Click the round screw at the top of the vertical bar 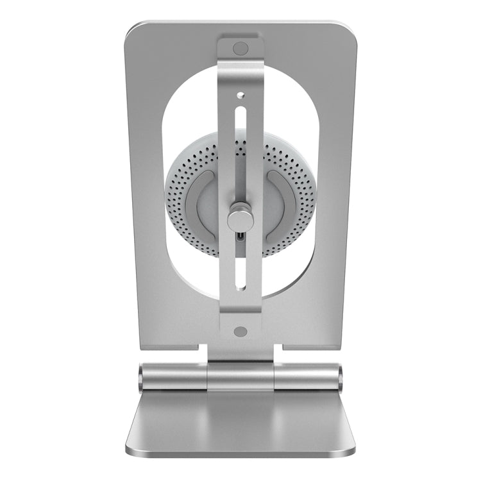click(x=240, y=48)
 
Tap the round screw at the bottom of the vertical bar click(x=240, y=332)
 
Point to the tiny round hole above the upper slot click(x=240, y=94)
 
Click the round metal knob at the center click(x=240, y=217)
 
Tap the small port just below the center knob click(x=240, y=237)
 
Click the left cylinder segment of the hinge click(x=173, y=376)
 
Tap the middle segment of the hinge click(x=240, y=376)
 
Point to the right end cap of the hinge click(x=340, y=376)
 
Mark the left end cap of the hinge click(x=141, y=376)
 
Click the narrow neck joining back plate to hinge click(x=240, y=352)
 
